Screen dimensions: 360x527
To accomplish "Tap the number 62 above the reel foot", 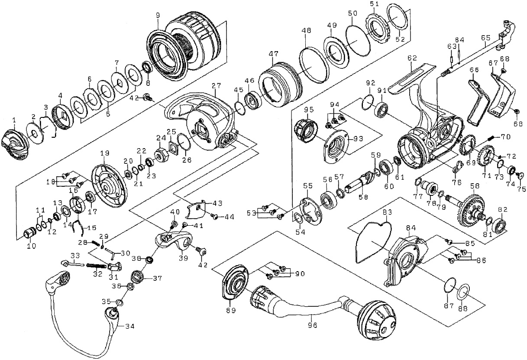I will coord(412,57).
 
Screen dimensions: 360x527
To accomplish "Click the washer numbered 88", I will coord(463,292).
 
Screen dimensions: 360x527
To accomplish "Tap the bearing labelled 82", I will coord(500,225).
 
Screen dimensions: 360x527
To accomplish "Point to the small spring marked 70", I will coord(489,138).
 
